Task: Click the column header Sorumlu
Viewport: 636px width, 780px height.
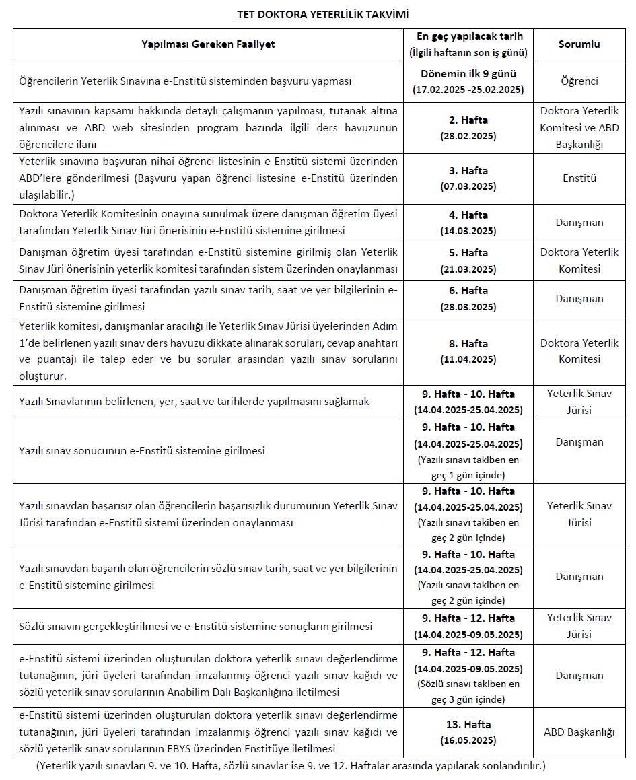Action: (579, 44)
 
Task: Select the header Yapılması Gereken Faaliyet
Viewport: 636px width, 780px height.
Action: (208, 44)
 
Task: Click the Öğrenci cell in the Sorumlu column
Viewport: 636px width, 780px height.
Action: (579, 81)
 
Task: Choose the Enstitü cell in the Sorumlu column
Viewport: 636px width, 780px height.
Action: (579, 178)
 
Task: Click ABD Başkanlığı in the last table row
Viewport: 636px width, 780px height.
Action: (579, 732)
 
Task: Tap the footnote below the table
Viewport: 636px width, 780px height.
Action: (291, 766)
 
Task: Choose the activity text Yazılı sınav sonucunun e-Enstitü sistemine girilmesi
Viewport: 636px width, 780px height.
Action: (142, 450)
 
